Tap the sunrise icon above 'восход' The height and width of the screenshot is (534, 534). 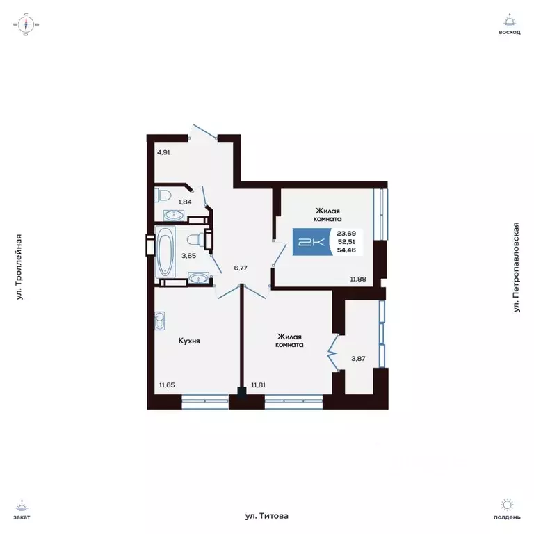point(510,20)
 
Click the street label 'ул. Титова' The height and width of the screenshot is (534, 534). point(266,516)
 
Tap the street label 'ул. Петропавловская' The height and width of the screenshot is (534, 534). point(516,267)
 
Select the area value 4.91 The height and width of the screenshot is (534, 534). point(163,152)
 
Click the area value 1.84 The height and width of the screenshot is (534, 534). point(186,202)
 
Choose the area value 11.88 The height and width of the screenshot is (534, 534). point(357,279)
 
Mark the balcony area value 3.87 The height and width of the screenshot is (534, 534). point(357,359)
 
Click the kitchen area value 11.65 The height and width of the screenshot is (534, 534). point(168,385)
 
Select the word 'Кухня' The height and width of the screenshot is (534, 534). point(189,341)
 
